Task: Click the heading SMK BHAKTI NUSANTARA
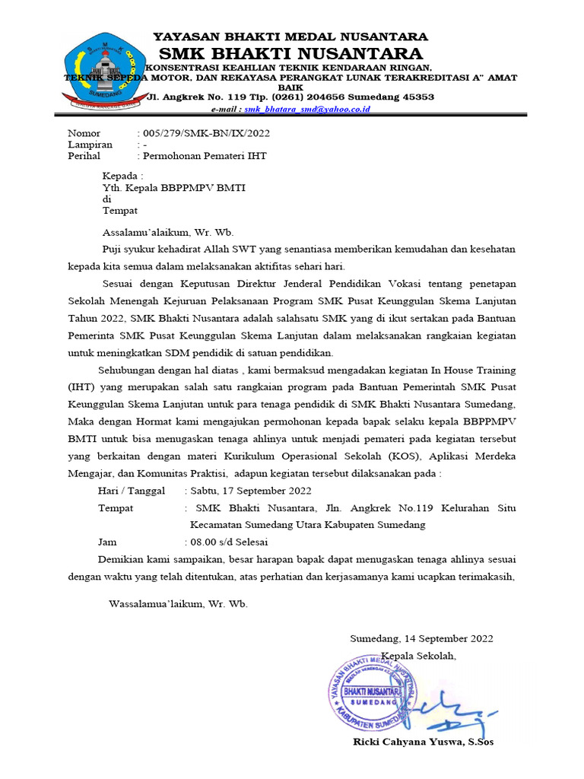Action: (290, 53)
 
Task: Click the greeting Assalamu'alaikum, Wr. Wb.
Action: (168, 233)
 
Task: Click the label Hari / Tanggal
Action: (132, 491)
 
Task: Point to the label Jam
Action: (108, 542)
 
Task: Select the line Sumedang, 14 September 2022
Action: (421, 638)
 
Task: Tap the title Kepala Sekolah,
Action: (419, 655)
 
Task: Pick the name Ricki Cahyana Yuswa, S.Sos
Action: (423, 742)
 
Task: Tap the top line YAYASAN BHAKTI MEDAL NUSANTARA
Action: (290, 37)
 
